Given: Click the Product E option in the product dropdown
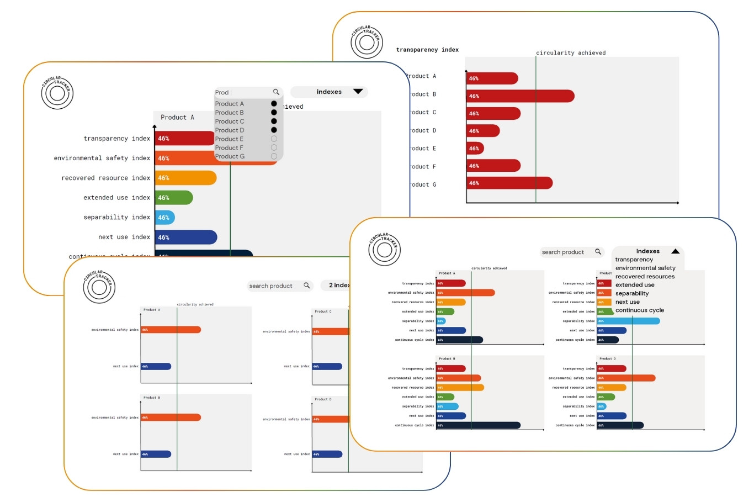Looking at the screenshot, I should [x=229, y=139].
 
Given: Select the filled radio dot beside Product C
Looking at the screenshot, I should [x=274, y=121].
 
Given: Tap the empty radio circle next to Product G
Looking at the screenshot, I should [x=274, y=156].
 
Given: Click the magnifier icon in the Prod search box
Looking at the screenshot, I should [x=276, y=92].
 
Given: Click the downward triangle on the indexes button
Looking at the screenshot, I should [x=358, y=92].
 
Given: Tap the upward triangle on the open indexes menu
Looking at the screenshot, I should [x=675, y=251].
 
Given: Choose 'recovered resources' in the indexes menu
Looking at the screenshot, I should [x=645, y=277].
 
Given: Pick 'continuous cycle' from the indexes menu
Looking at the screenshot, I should [x=639, y=310].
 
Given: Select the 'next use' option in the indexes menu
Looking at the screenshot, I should [x=627, y=302].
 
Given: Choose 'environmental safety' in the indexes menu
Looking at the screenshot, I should [x=645, y=268].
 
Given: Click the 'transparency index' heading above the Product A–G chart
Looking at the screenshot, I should [x=427, y=50].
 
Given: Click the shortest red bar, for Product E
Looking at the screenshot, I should [x=475, y=148].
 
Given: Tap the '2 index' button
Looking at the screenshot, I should [x=338, y=286].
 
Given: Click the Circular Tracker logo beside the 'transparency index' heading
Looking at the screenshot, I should [x=366, y=43].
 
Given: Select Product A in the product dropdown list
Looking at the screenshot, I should [x=229, y=104].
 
